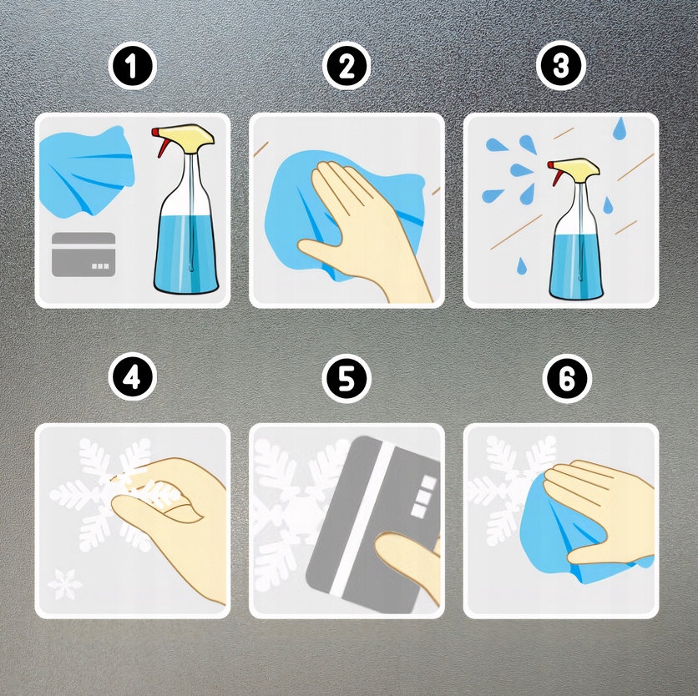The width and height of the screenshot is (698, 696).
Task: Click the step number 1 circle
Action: pos(132,66)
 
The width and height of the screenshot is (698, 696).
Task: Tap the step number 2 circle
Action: pos(346,66)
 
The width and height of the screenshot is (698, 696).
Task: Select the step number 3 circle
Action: pos(560,66)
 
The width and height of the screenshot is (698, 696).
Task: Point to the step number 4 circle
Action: pos(132,378)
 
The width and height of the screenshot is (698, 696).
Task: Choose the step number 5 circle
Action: pos(346,378)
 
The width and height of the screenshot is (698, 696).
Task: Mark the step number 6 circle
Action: pos(567,379)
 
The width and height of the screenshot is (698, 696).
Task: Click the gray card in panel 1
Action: pos(83,255)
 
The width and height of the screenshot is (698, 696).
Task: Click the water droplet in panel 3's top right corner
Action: pos(619,128)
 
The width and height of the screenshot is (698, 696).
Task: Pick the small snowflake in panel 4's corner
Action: pos(65,584)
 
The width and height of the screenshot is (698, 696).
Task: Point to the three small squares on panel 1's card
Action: pos(99,266)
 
